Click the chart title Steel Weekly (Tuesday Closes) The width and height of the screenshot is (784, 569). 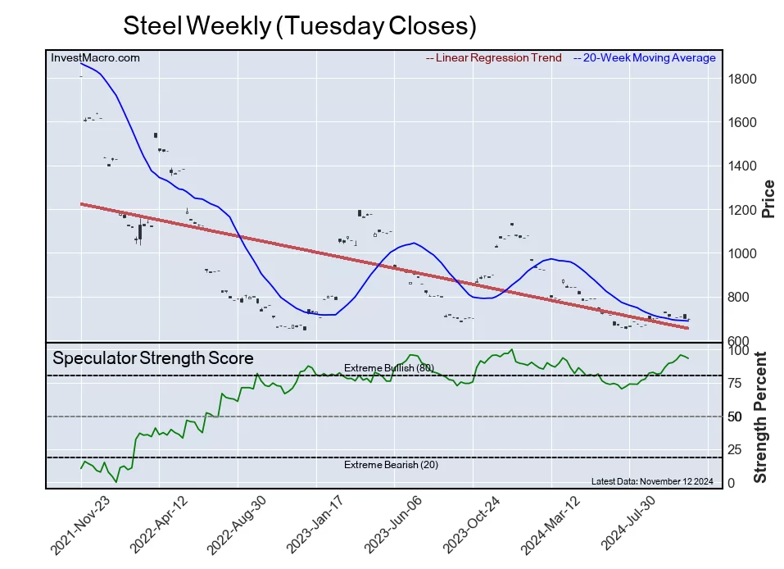pyautogui.click(x=299, y=25)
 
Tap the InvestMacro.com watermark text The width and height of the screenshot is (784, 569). pyautogui.click(x=95, y=57)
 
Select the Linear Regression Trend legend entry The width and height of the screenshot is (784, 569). pyautogui.click(x=494, y=58)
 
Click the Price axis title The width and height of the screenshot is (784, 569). pyautogui.click(x=768, y=198)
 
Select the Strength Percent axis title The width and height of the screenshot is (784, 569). pyautogui.click(x=760, y=417)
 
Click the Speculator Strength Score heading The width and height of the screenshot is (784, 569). pyautogui.click(x=153, y=358)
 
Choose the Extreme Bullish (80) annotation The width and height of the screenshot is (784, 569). pyautogui.click(x=388, y=368)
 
